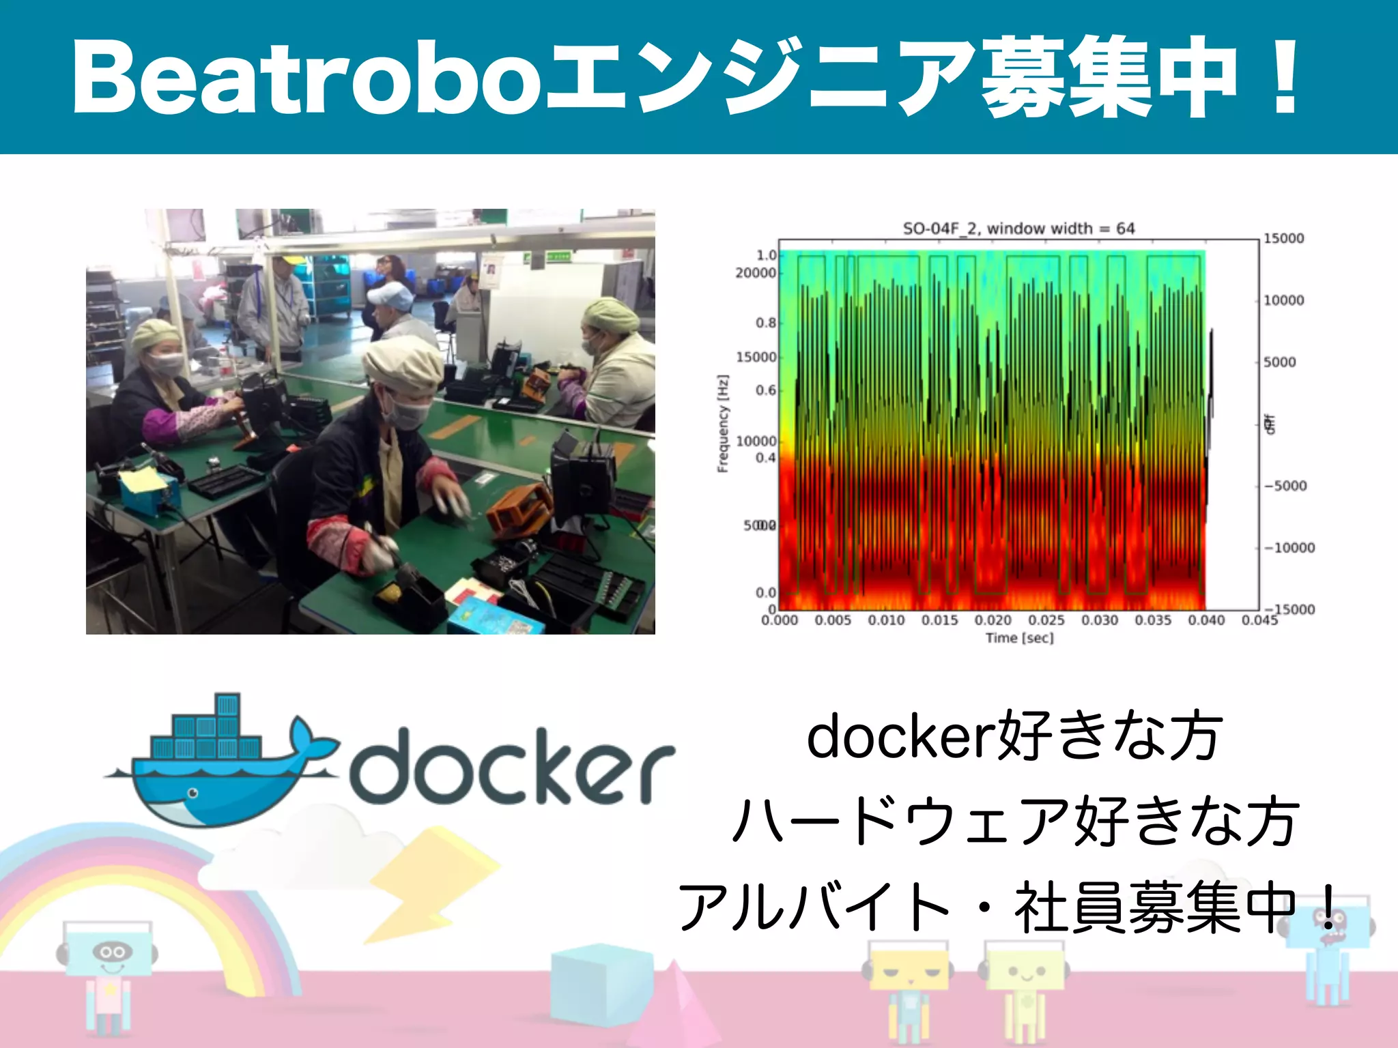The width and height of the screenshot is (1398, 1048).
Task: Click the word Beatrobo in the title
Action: click(307, 76)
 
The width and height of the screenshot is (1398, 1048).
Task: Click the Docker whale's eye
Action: click(193, 793)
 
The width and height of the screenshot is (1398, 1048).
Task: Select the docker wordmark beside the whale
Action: click(512, 766)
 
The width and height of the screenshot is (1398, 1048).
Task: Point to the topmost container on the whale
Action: click(227, 705)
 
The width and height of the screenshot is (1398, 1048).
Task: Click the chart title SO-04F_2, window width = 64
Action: click(1018, 229)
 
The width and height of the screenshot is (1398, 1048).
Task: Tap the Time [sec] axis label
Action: click(1019, 638)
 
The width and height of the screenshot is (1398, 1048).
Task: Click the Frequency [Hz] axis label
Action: click(723, 423)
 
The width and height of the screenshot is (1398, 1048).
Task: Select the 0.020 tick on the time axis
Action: click(993, 620)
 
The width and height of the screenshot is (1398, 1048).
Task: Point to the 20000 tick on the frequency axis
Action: click(756, 273)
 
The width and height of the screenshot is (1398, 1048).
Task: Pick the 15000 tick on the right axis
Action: click(1283, 238)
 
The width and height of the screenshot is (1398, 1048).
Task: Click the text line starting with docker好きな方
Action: click(1014, 736)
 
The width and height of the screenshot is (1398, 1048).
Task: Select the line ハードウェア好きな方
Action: click(1014, 821)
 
